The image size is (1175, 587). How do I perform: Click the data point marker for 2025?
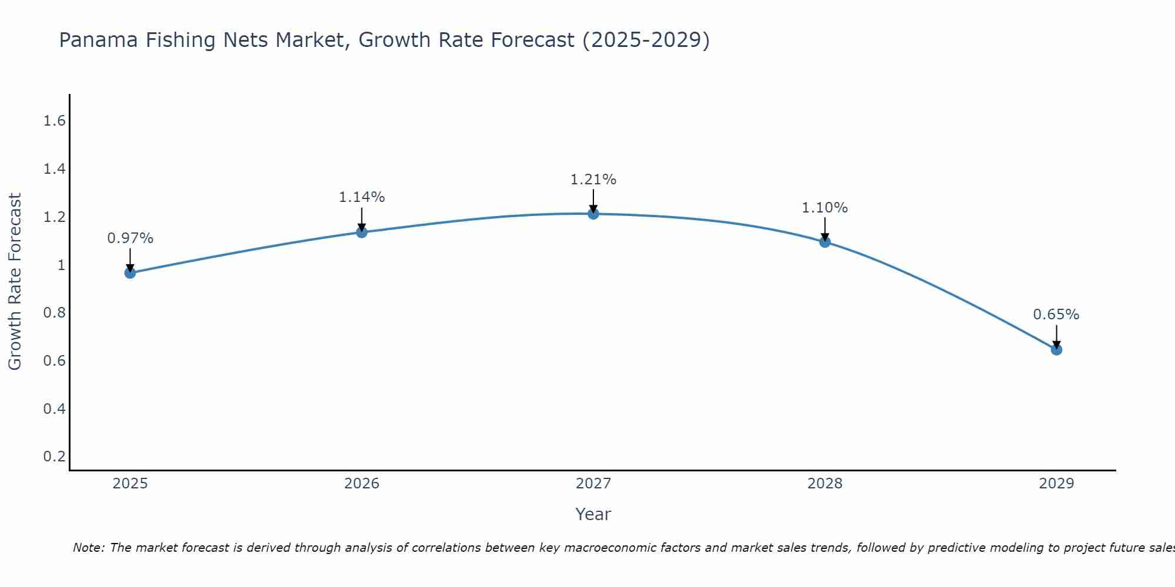click(x=130, y=273)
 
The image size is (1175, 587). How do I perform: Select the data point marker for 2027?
click(x=593, y=214)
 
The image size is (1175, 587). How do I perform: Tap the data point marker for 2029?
click(x=1056, y=350)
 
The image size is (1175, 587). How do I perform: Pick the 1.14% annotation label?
click(x=361, y=197)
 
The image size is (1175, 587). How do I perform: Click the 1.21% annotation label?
click(x=593, y=180)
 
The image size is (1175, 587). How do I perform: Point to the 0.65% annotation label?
click(x=1056, y=315)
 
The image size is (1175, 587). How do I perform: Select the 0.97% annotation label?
click(x=130, y=238)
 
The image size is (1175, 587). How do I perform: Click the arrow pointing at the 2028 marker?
click(x=825, y=229)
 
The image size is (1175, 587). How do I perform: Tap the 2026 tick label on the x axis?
click(x=361, y=484)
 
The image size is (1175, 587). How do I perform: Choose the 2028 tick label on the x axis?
click(x=825, y=484)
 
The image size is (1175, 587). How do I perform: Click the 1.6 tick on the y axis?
click(x=54, y=122)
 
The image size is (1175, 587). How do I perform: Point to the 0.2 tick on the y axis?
click(x=54, y=457)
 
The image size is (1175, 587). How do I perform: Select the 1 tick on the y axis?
click(x=61, y=265)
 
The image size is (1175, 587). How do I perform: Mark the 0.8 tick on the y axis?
click(x=54, y=313)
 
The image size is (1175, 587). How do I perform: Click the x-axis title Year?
click(x=593, y=514)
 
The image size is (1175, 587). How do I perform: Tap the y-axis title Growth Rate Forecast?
click(x=15, y=282)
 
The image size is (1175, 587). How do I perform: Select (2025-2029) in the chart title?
click(x=646, y=40)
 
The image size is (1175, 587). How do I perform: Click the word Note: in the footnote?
click(x=89, y=548)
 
